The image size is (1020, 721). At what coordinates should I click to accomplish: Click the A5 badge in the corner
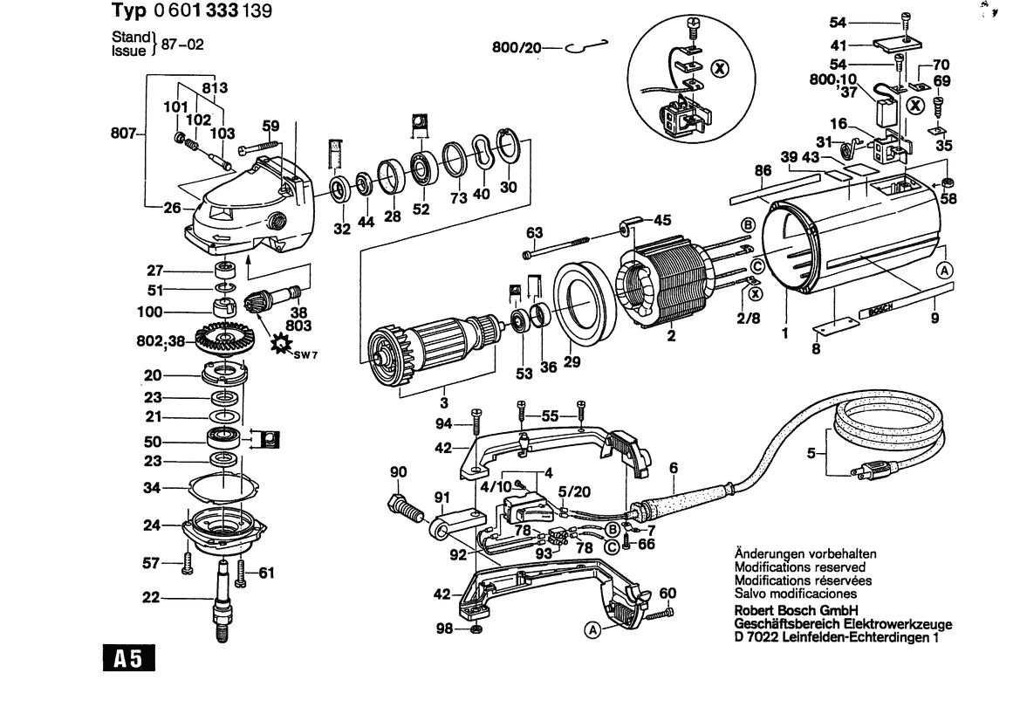[129, 661]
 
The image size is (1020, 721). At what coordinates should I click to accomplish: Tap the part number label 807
[122, 134]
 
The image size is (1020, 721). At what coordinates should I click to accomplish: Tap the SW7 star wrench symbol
[283, 344]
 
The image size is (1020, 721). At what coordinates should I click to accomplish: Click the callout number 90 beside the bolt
[399, 472]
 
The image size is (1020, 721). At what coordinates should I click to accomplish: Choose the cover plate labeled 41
[898, 41]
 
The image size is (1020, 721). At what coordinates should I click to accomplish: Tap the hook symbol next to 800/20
[585, 47]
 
